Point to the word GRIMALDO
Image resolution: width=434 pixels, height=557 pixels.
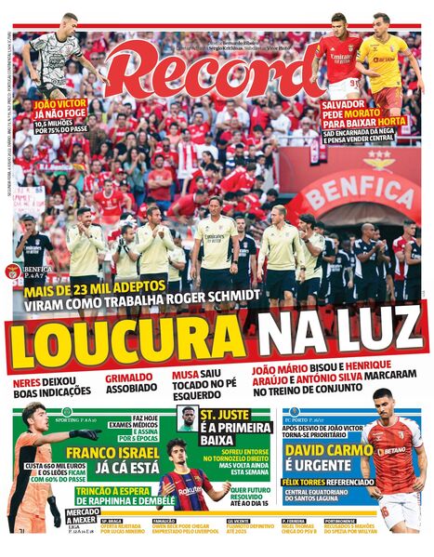128,379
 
